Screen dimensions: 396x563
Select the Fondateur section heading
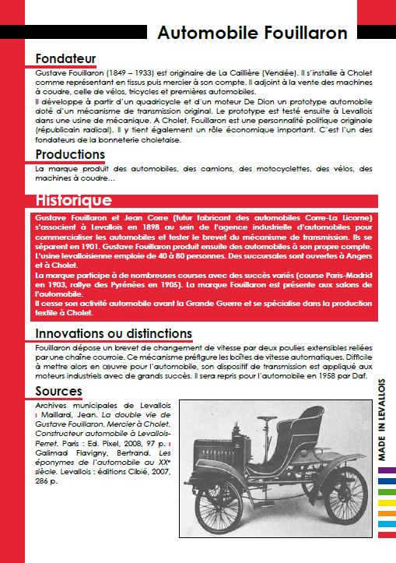click(x=66, y=58)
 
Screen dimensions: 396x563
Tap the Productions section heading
click(x=70, y=154)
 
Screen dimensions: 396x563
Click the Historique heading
click(x=73, y=199)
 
